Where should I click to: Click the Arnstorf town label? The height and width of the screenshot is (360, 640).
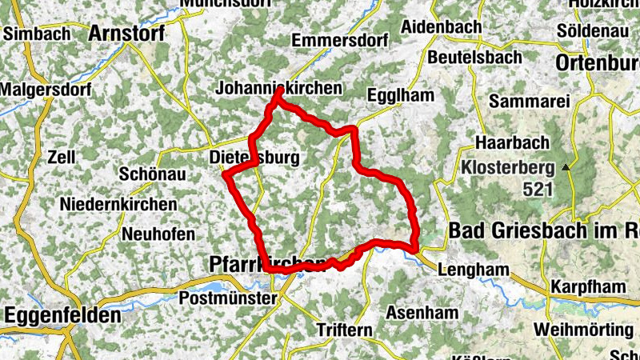(126, 34)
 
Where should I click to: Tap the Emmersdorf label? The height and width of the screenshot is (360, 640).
(340, 39)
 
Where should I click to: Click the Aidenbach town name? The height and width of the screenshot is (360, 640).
(441, 26)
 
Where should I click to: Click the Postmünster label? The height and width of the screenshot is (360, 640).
(228, 298)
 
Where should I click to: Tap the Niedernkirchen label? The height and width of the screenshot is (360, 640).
(118, 204)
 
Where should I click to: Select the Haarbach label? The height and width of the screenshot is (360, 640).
(512, 142)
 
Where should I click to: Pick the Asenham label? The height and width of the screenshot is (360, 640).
(421, 313)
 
